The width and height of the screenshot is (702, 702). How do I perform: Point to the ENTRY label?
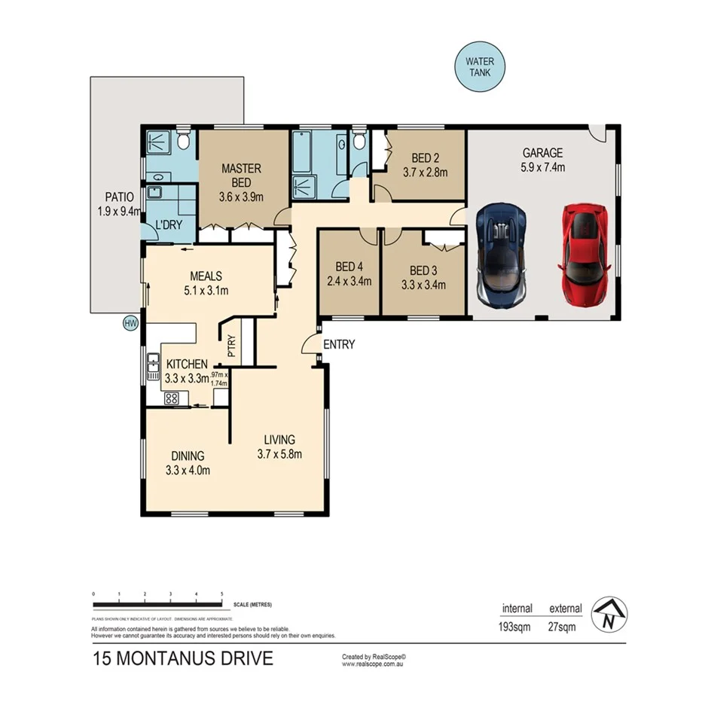click(x=338, y=344)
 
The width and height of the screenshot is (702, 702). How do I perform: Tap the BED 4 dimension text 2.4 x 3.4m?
click(x=349, y=282)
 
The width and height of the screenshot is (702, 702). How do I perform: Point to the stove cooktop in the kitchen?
click(x=171, y=398)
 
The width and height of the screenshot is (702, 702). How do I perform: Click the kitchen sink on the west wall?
click(x=152, y=367)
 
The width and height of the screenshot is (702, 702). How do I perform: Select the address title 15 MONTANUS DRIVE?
click(x=182, y=659)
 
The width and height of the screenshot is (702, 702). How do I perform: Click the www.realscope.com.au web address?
click(x=376, y=664)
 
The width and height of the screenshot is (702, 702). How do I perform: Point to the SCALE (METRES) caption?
click(x=252, y=605)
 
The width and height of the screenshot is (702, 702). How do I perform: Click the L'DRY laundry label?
click(x=168, y=224)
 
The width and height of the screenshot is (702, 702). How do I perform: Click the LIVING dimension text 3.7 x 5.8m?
click(x=279, y=454)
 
